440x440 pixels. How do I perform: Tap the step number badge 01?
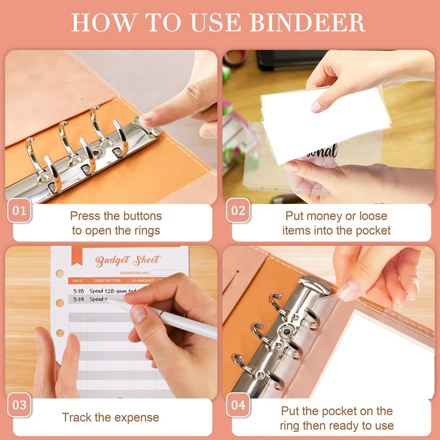click(x=19, y=210)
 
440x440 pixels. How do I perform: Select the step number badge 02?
click(x=238, y=210)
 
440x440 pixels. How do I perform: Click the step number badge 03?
click(x=19, y=405)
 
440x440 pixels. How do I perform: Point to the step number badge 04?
click(x=238, y=405)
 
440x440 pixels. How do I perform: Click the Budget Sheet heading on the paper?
click(x=128, y=261)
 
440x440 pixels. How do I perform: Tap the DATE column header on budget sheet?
click(x=78, y=280)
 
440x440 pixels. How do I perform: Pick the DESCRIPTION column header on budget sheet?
click(x=107, y=280)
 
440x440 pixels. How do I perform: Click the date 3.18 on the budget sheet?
click(x=79, y=291)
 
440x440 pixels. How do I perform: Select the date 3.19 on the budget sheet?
click(x=79, y=299)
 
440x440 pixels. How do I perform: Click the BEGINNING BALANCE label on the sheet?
click(x=135, y=273)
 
